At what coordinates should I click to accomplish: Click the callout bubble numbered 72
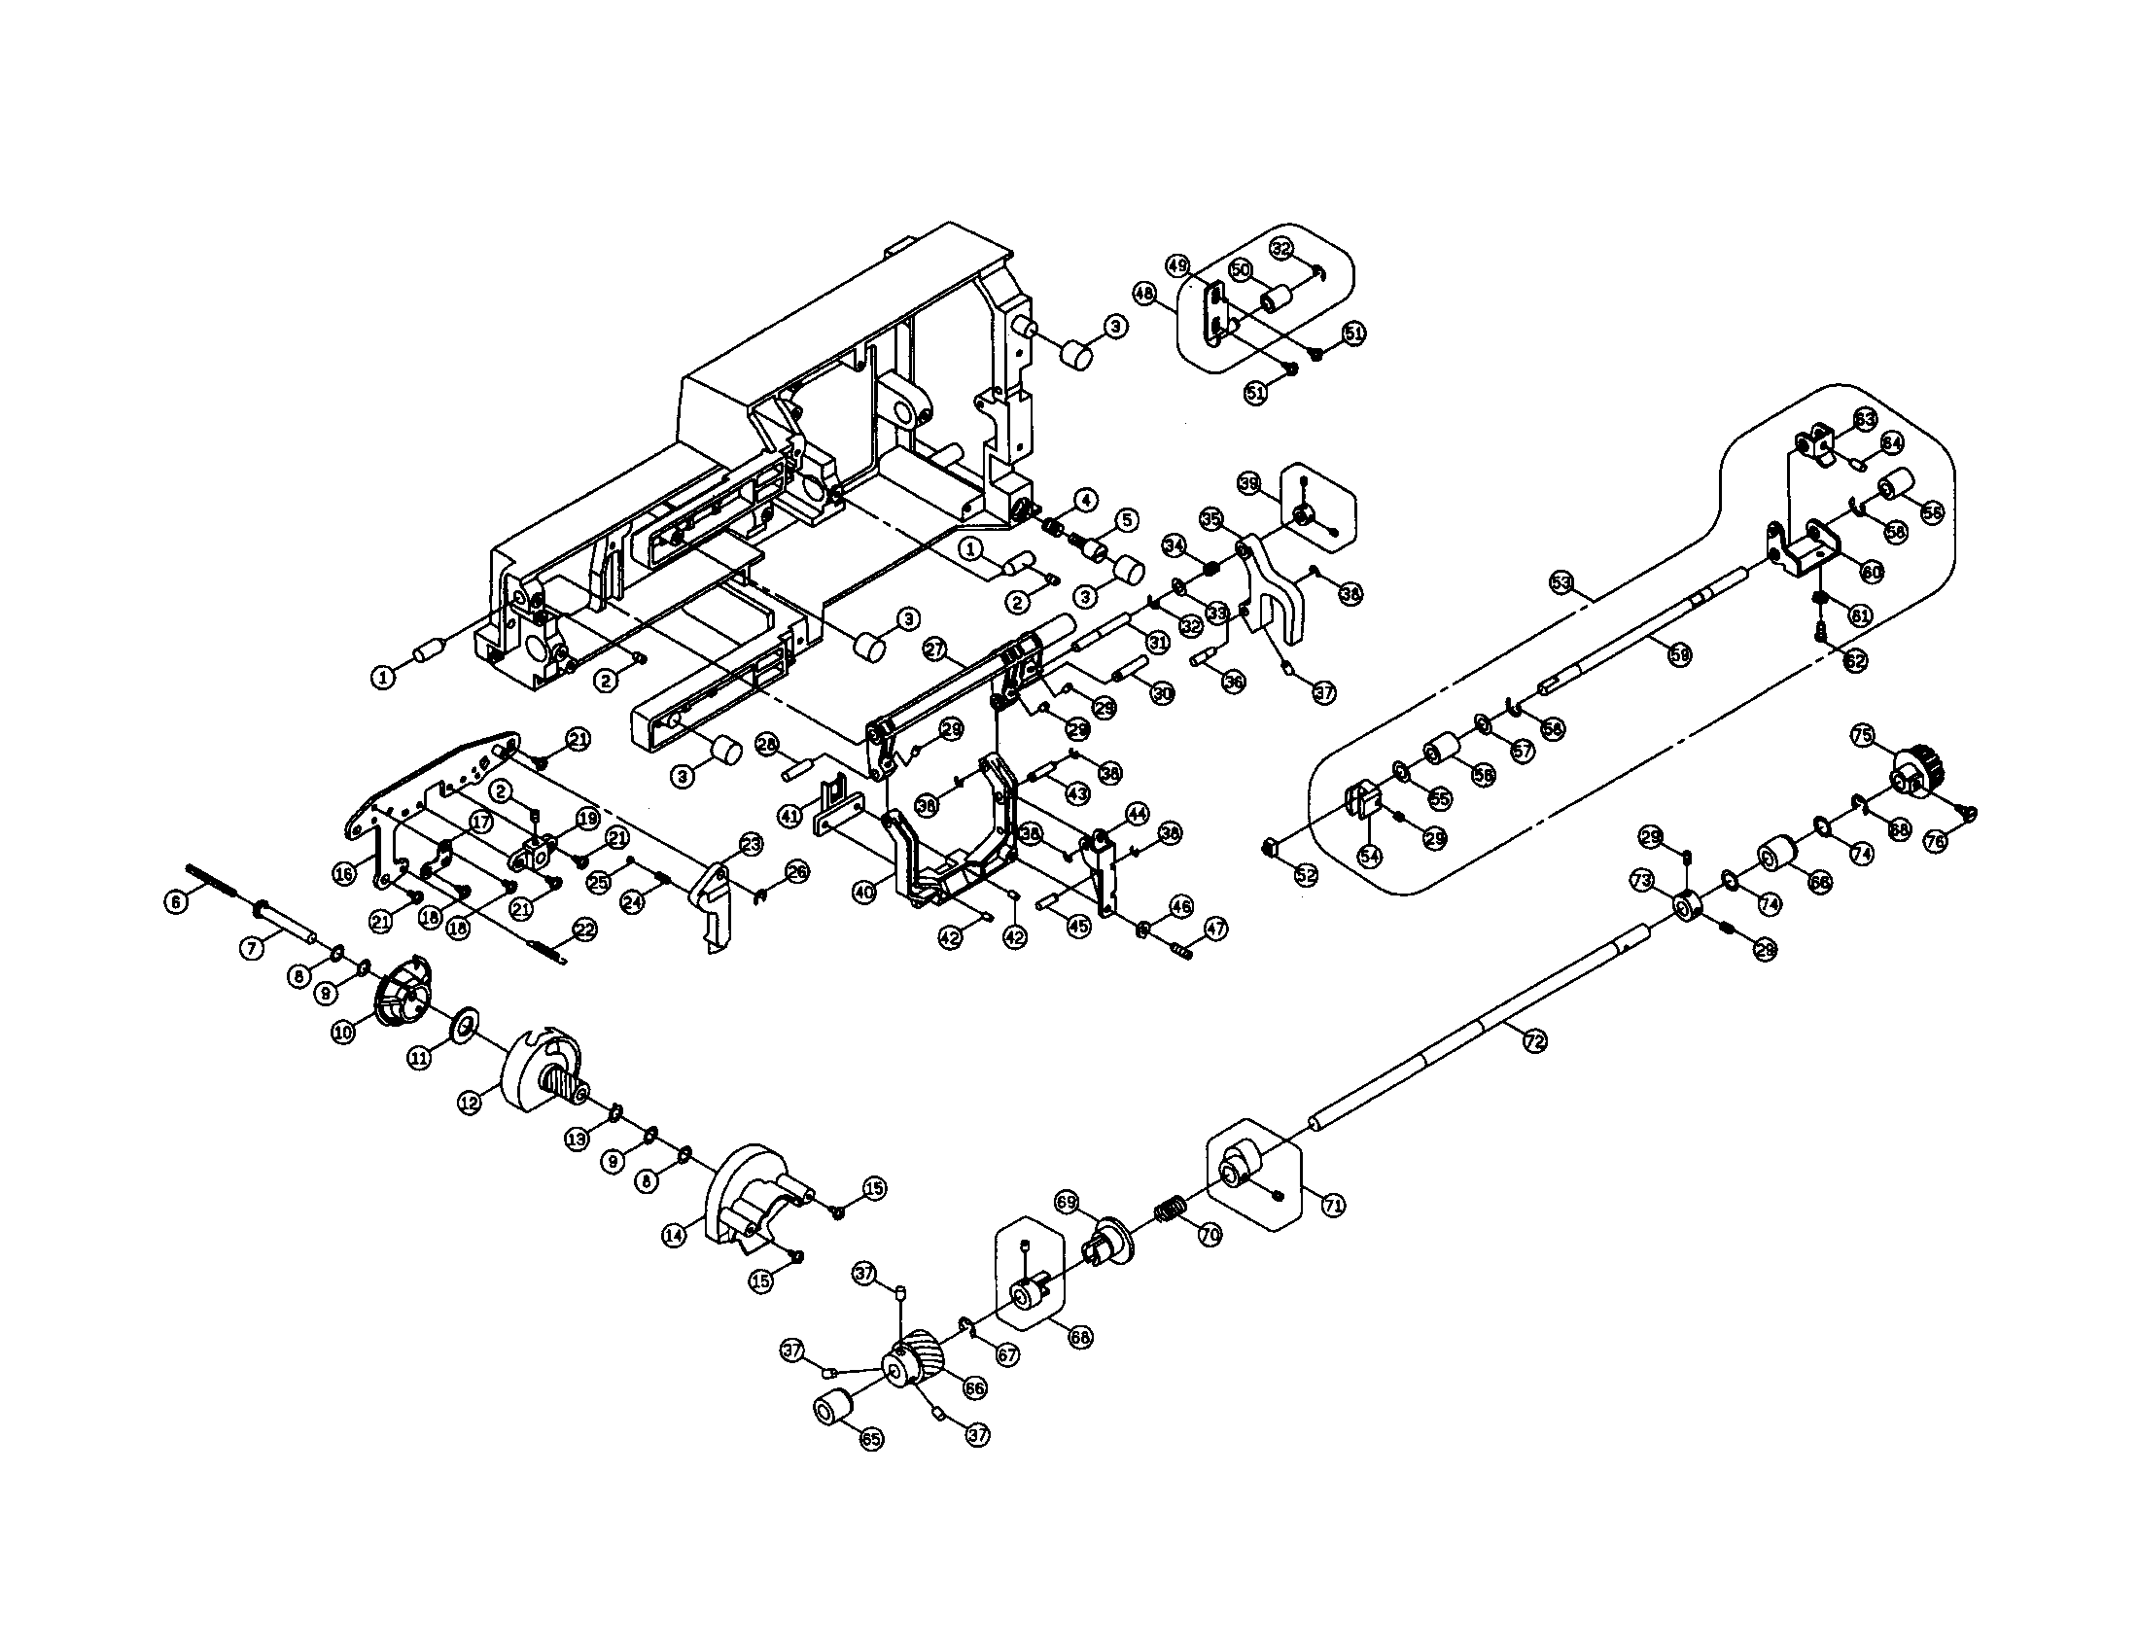tap(1533, 1043)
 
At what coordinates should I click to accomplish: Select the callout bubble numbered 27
tap(934, 649)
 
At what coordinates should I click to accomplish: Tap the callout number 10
tap(343, 1033)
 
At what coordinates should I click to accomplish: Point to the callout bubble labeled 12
tap(470, 1102)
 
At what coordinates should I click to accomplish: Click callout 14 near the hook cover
tap(674, 1236)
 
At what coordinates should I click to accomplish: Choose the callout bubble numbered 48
tap(1144, 292)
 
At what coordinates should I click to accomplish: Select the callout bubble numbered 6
tap(175, 902)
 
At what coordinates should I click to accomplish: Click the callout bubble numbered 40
tap(863, 893)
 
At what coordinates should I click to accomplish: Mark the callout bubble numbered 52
tap(1307, 873)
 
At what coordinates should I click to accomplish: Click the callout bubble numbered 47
tap(1215, 928)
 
